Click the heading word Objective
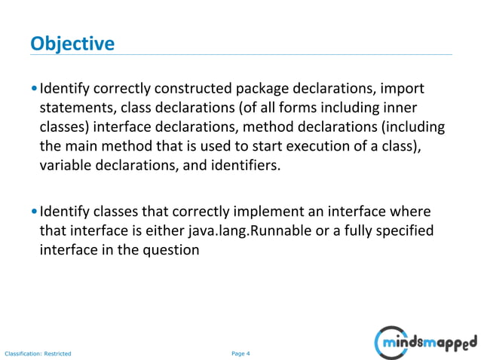click(x=72, y=43)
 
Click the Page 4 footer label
click(x=240, y=352)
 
